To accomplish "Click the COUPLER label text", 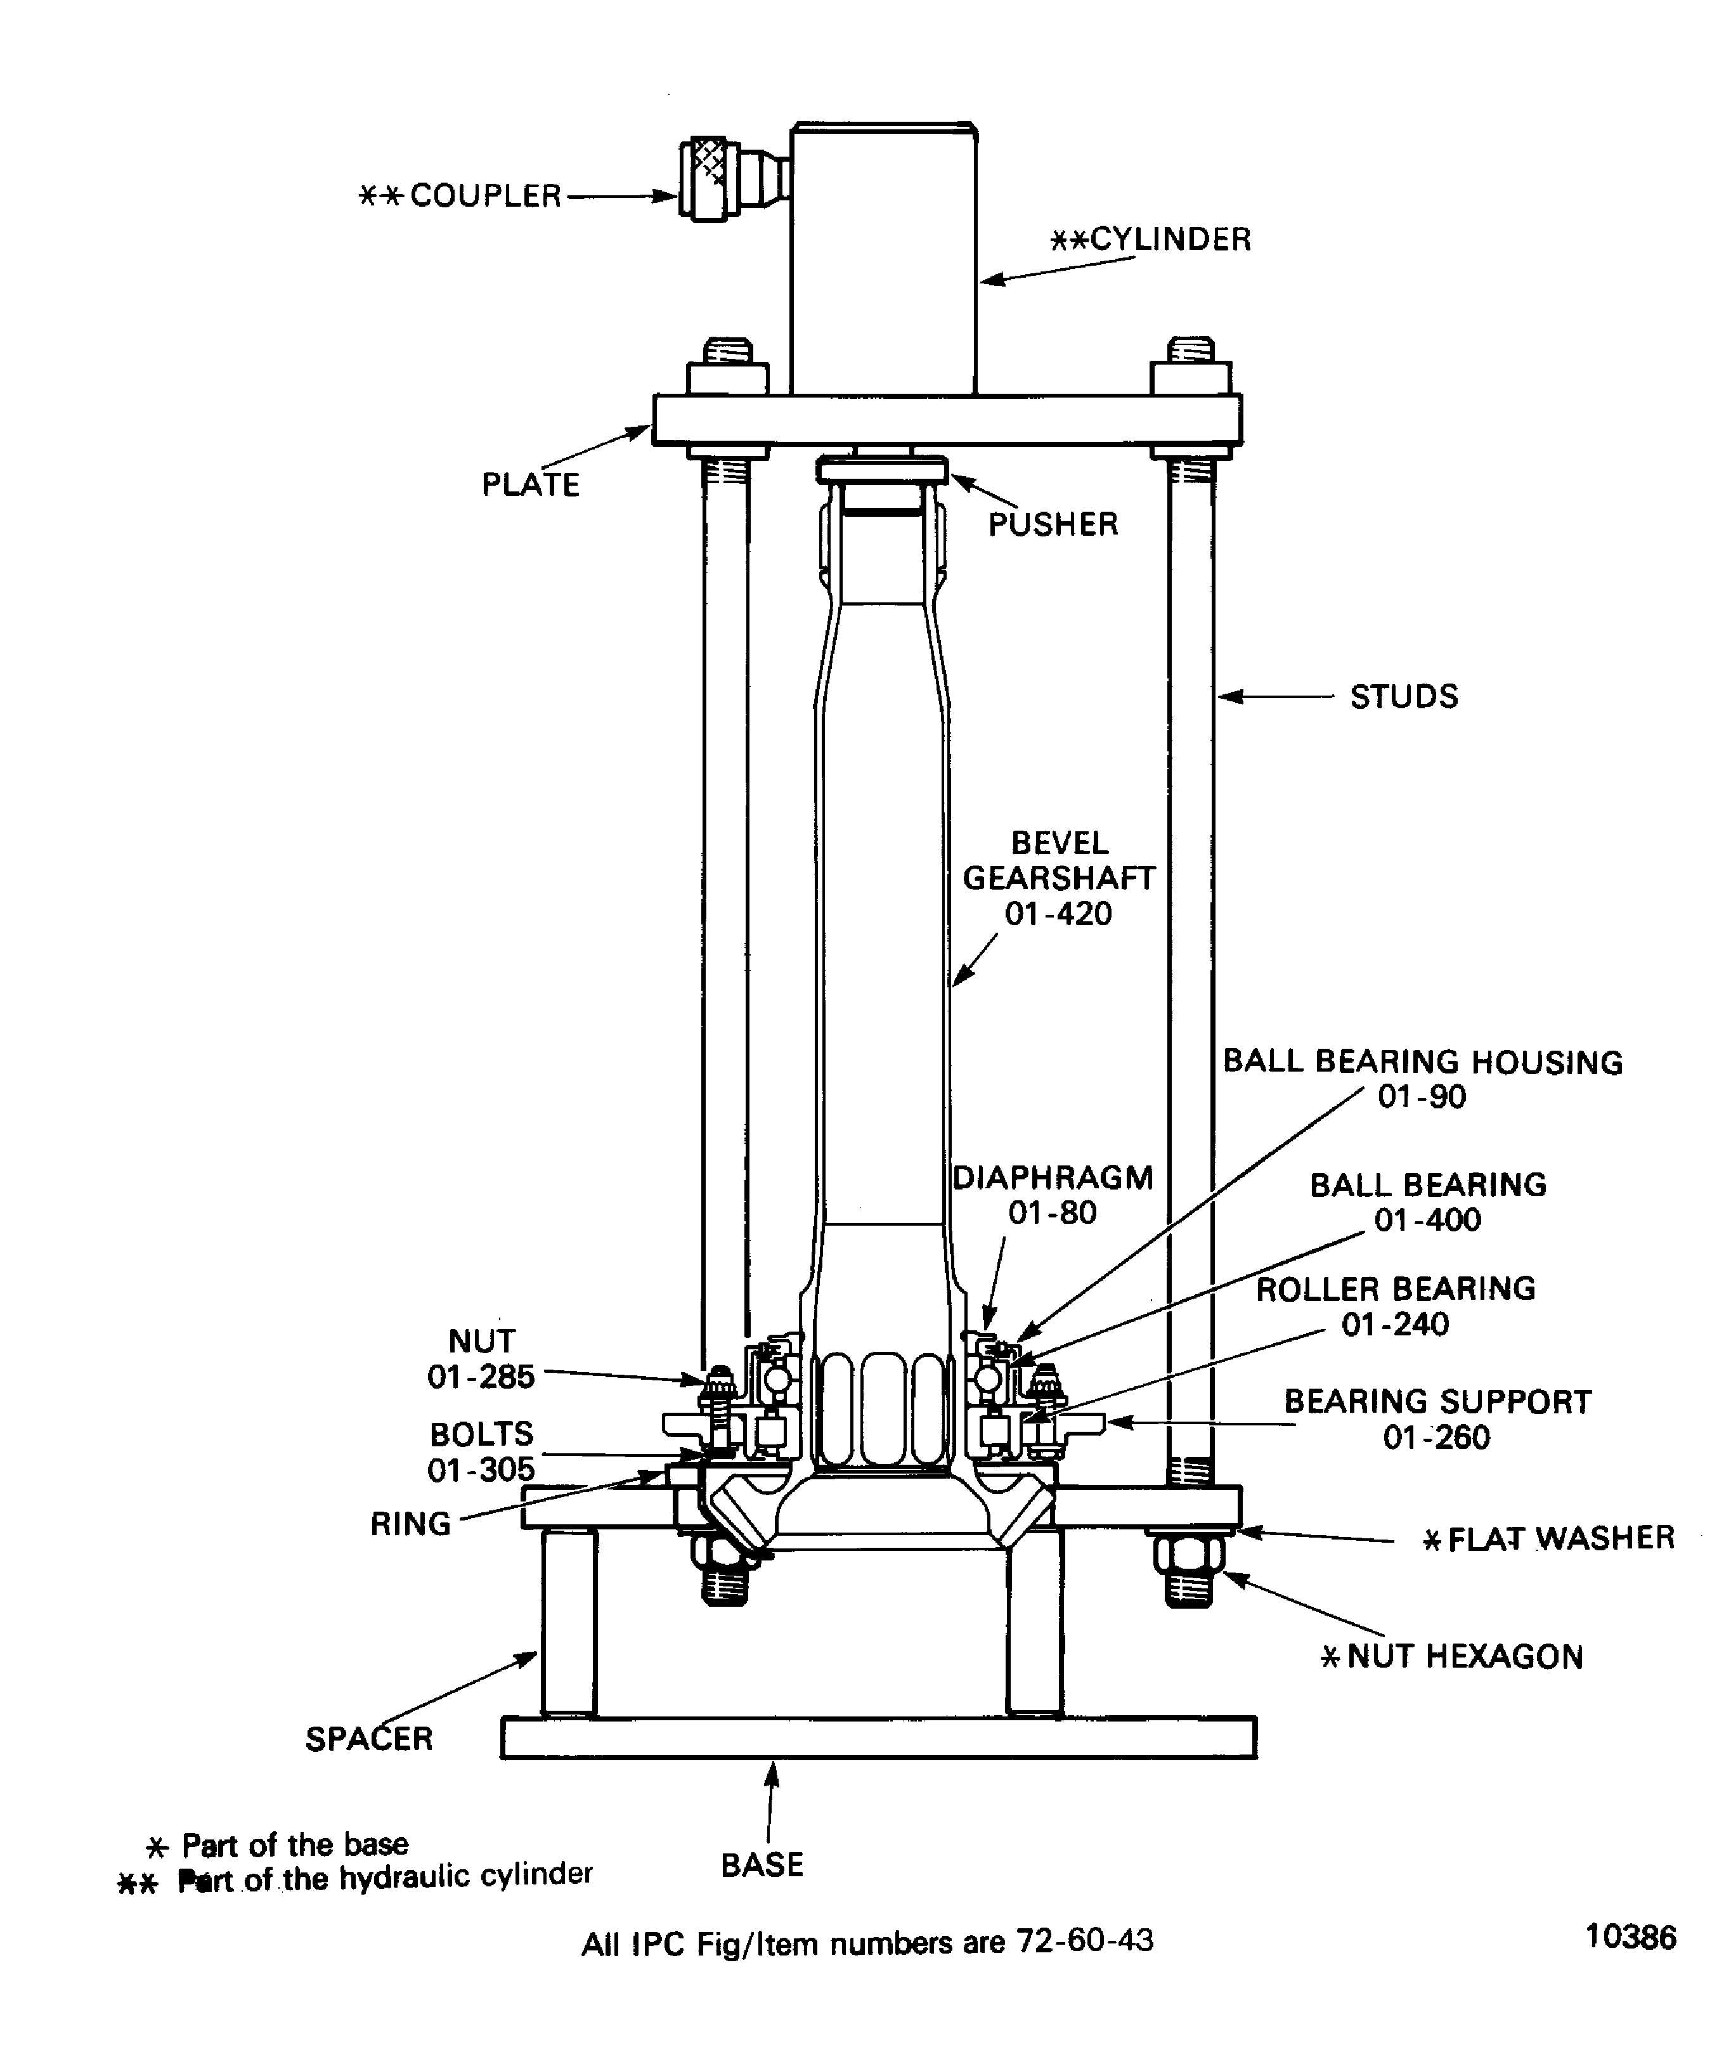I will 484,196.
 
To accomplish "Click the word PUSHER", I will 1052,524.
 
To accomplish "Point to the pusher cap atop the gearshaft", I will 882,470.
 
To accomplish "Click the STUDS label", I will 1403,697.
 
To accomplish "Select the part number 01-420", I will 1058,914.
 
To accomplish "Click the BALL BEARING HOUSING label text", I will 1422,1062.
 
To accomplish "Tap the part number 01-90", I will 1421,1096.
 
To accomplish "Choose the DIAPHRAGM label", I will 1052,1178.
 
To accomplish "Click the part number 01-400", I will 1427,1220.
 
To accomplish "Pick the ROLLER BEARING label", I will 1395,1288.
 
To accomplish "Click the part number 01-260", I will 1436,1437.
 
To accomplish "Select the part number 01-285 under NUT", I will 481,1377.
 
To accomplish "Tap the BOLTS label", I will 481,1434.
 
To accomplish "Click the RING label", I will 410,1524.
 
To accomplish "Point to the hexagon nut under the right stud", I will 1189,1555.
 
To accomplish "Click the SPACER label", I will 368,1739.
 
